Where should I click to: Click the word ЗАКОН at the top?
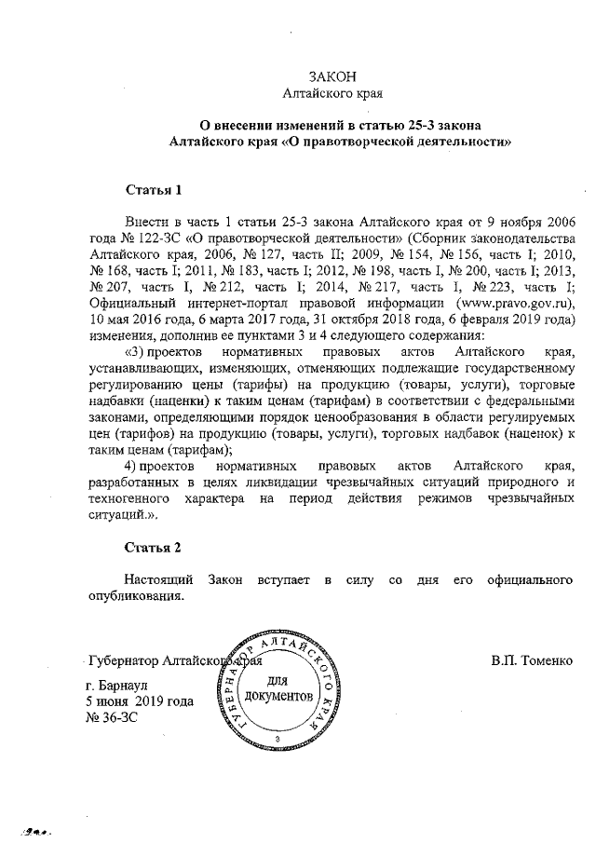pos(332,76)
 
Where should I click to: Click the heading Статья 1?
pos(153,191)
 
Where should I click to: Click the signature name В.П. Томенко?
pos(531,662)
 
